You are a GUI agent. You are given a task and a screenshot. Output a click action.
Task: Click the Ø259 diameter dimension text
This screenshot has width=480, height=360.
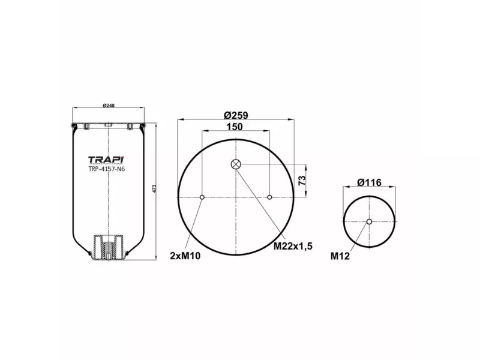pyautogui.click(x=236, y=115)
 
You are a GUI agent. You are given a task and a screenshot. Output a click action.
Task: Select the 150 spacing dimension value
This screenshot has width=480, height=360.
pyautogui.click(x=236, y=127)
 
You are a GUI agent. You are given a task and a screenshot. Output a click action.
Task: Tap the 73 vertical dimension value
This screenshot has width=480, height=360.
pyautogui.click(x=303, y=179)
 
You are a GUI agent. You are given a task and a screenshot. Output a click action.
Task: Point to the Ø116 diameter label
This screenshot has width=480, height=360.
pyautogui.click(x=369, y=182)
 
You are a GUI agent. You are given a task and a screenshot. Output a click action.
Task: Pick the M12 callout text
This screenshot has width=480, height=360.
pyautogui.click(x=340, y=256)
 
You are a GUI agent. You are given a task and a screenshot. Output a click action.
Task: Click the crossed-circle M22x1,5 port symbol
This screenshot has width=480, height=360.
pyautogui.click(x=236, y=164)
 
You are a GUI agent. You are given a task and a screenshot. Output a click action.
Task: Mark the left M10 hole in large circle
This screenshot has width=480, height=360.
pyautogui.click(x=202, y=197)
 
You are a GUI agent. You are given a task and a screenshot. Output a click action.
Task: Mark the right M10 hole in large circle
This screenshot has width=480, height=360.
pyautogui.click(x=271, y=197)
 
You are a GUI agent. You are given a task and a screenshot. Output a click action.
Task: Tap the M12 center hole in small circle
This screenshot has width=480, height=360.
pyautogui.click(x=369, y=222)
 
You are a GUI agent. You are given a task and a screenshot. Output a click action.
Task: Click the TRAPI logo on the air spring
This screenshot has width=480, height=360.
pyautogui.click(x=107, y=160)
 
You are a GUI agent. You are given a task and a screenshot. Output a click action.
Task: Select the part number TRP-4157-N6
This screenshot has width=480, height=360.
pyautogui.click(x=107, y=169)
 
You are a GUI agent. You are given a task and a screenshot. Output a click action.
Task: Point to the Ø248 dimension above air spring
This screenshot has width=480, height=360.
pyautogui.click(x=108, y=106)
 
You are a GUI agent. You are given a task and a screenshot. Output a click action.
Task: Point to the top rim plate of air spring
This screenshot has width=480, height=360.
pyautogui.click(x=108, y=125)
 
